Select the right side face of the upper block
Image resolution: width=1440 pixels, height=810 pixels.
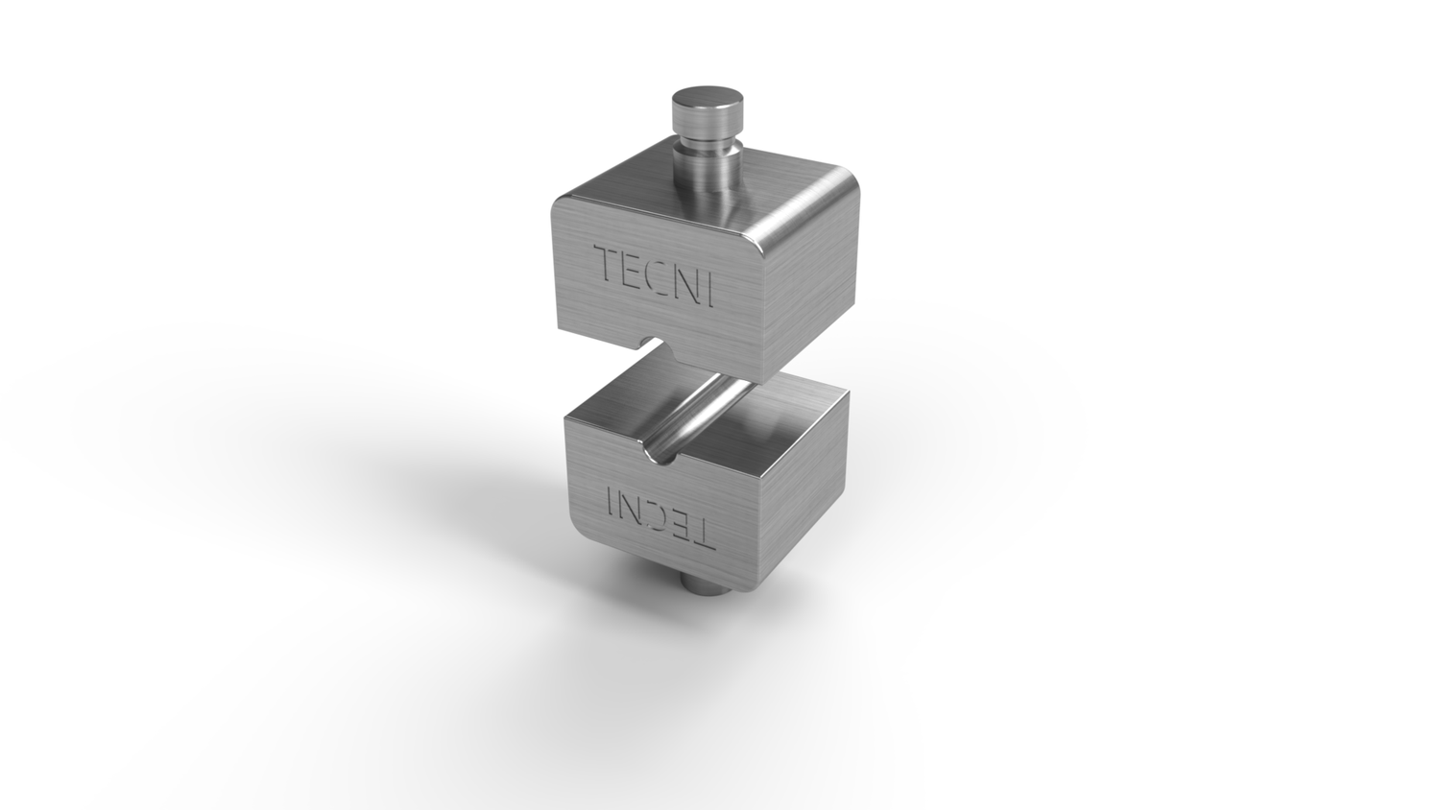[812, 288]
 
